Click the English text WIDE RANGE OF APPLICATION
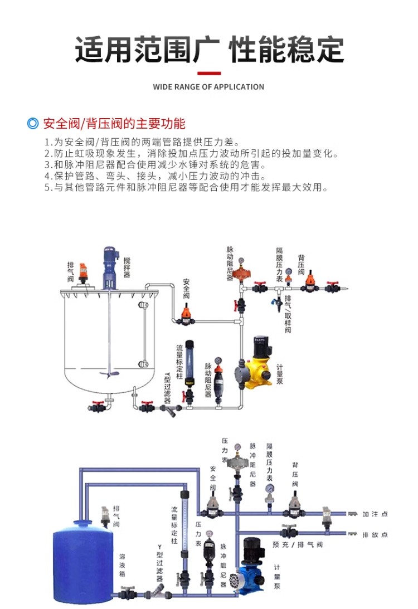(x=208, y=87)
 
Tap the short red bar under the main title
(x=209, y=73)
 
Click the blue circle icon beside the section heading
(x=33, y=124)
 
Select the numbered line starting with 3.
(x=155, y=165)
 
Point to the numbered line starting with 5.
(x=186, y=187)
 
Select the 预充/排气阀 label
(x=298, y=544)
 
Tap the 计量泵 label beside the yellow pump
(x=280, y=374)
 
